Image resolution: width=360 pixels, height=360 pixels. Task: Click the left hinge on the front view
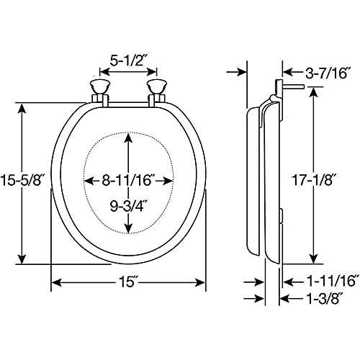[x=99, y=91]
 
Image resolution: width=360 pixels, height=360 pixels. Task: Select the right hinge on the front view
[x=156, y=91]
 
